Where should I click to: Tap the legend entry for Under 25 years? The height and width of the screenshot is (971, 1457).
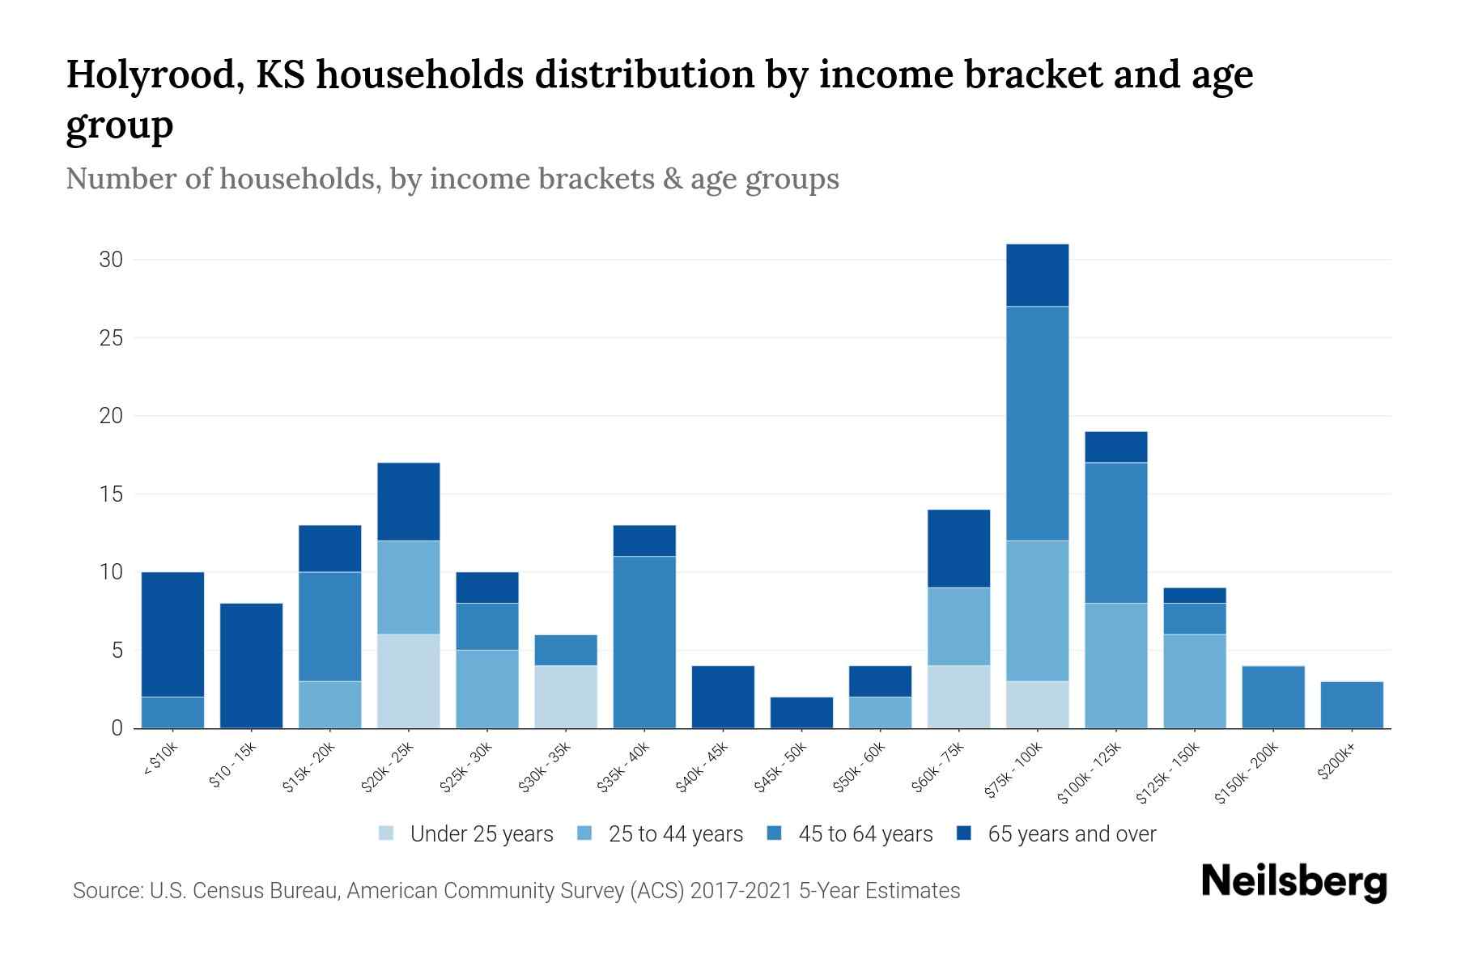pyautogui.click(x=481, y=834)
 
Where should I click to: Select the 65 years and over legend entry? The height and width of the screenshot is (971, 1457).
pyautogui.click(x=1071, y=834)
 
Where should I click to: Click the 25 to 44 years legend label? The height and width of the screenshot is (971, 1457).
pyautogui.click(x=675, y=834)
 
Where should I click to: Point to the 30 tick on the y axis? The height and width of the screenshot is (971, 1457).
pyautogui.click(x=112, y=260)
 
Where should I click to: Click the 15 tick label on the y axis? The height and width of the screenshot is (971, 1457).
pyautogui.click(x=112, y=494)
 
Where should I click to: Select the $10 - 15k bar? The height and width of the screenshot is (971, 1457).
pyautogui.click(x=252, y=666)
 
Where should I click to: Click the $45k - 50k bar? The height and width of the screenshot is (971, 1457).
pyautogui.click(x=801, y=713)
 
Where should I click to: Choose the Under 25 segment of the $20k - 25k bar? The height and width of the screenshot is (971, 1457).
pyautogui.click(x=409, y=681)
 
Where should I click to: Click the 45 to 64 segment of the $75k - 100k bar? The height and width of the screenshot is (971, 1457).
pyautogui.click(x=1037, y=423)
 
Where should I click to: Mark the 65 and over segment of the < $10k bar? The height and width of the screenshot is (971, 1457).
pyautogui.click(x=172, y=634)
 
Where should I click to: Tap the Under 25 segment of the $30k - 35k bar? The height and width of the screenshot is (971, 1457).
pyautogui.click(x=566, y=697)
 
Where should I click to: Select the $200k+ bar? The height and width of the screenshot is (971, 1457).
pyautogui.click(x=1351, y=705)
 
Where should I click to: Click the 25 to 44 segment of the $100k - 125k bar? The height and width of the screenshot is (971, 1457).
pyautogui.click(x=1116, y=666)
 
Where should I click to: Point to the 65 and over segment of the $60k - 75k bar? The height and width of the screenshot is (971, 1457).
pyautogui.click(x=958, y=549)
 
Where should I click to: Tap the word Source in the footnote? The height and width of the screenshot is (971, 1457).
pyautogui.click(x=105, y=891)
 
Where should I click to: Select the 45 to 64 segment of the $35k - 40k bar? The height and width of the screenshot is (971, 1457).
pyautogui.click(x=644, y=642)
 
